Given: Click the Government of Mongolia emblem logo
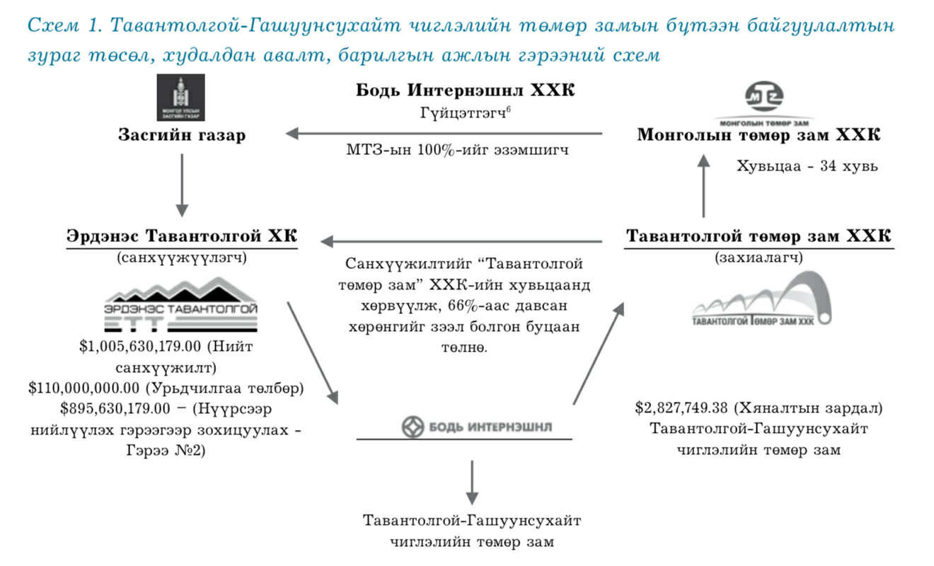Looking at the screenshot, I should (x=181, y=98).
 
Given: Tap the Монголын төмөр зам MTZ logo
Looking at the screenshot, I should (x=763, y=100).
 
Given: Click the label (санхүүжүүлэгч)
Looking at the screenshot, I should (x=182, y=258).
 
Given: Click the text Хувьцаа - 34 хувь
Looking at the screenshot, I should (x=807, y=166).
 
